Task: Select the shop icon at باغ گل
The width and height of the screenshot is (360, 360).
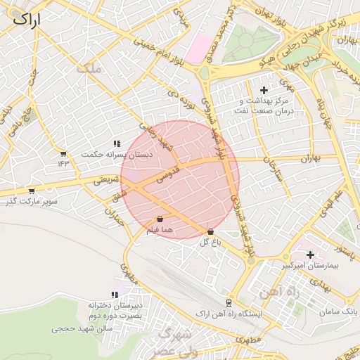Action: click(211, 231)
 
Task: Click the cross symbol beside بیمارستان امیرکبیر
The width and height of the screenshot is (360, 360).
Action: click(311, 254)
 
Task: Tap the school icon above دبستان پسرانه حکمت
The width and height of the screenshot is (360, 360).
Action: click(116, 143)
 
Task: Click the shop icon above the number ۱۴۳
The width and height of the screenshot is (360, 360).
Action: click(64, 153)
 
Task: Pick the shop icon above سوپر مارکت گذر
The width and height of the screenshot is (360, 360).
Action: click(31, 191)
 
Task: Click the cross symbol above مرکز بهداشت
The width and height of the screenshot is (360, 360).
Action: click(264, 90)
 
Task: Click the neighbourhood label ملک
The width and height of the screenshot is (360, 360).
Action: click(92, 68)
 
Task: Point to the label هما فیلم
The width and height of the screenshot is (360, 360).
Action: click(160, 231)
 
